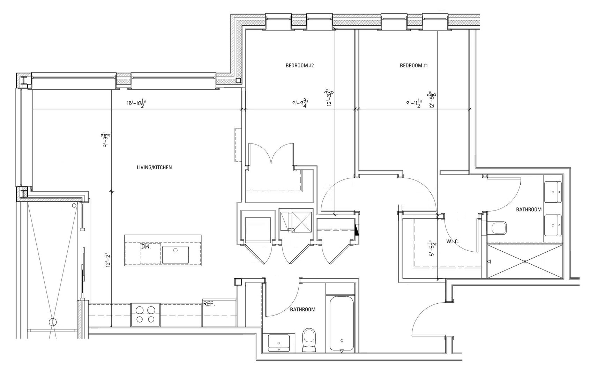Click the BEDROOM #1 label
point(413,65)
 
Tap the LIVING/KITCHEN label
point(154,168)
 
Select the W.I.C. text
point(453,242)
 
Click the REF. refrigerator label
point(209,304)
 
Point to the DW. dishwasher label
point(145,246)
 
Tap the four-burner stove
point(145,314)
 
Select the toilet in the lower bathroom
point(309,340)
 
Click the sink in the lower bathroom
point(278,342)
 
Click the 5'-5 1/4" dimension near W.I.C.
point(432,249)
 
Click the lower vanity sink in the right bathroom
point(553,225)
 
